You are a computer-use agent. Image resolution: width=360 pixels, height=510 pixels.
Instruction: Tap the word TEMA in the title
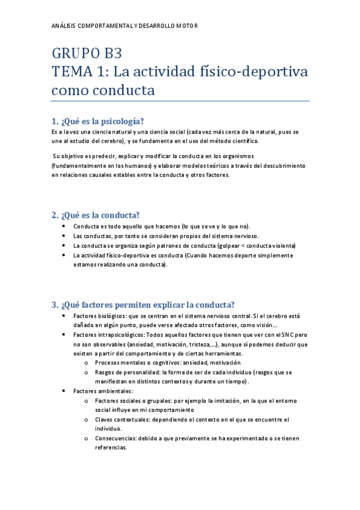click(71, 72)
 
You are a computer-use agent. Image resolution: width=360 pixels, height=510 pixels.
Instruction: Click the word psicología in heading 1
click(118, 120)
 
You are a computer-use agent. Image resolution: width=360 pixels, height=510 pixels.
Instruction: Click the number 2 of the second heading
click(54, 215)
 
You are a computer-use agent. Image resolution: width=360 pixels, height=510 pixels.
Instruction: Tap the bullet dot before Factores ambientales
click(64, 391)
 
